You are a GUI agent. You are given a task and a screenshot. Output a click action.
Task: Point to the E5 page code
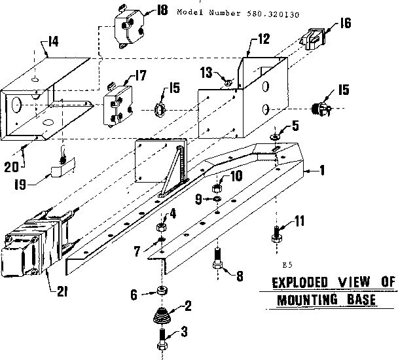[x=287, y=265]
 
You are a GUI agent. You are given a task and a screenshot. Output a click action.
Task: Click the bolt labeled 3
[x=162, y=339]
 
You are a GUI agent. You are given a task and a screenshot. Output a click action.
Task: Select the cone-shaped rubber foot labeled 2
[x=162, y=317]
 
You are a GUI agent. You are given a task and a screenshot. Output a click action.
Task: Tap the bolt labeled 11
[x=276, y=232]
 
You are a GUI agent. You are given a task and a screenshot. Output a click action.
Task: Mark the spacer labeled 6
[x=160, y=291]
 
